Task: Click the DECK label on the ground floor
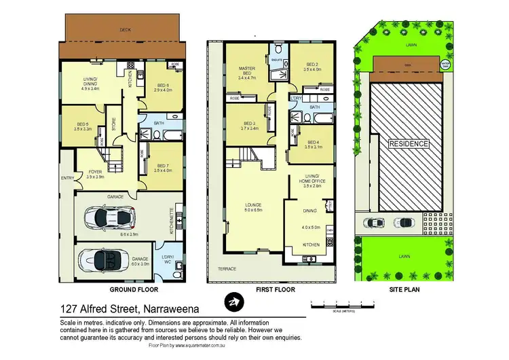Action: [125, 30]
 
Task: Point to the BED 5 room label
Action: [83, 126]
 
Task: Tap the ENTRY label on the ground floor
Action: [67, 179]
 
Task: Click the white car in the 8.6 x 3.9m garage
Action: [109, 217]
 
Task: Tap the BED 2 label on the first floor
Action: [313, 67]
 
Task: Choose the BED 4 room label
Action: [313, 144]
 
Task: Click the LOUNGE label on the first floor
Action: [254, 206]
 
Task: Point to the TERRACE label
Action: [227, 269]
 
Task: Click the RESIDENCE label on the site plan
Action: [408, 144]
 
